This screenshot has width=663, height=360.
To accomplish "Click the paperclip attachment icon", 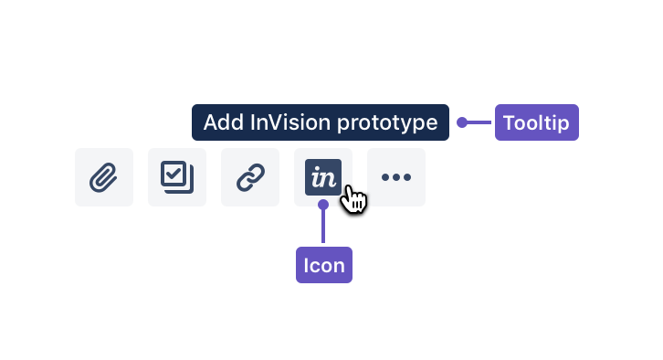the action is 104,177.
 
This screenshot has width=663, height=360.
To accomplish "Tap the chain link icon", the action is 250,177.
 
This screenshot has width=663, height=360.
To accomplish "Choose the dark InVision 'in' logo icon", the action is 322,177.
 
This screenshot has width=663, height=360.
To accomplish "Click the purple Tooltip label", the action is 537,122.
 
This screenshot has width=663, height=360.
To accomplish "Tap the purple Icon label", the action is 324,266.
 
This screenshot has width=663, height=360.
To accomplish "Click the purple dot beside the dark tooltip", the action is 462,122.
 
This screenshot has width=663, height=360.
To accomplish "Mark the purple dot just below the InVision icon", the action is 323,204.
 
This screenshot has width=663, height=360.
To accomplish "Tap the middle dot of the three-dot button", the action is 396,177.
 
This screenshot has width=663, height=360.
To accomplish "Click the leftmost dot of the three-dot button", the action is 385,177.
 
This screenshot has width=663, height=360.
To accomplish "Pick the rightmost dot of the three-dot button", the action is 407,177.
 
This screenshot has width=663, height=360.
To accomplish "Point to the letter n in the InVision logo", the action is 328,179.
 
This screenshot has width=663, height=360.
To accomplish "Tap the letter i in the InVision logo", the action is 316,178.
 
